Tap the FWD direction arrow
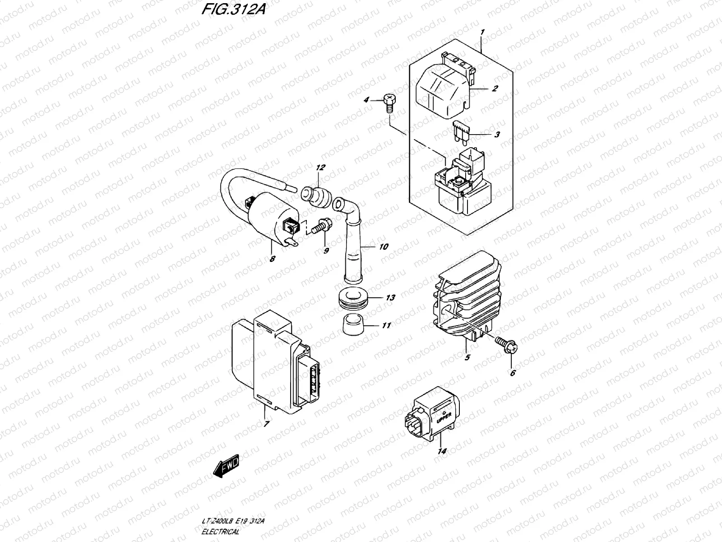(x=227, y=466)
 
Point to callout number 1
(x=482, y=32)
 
